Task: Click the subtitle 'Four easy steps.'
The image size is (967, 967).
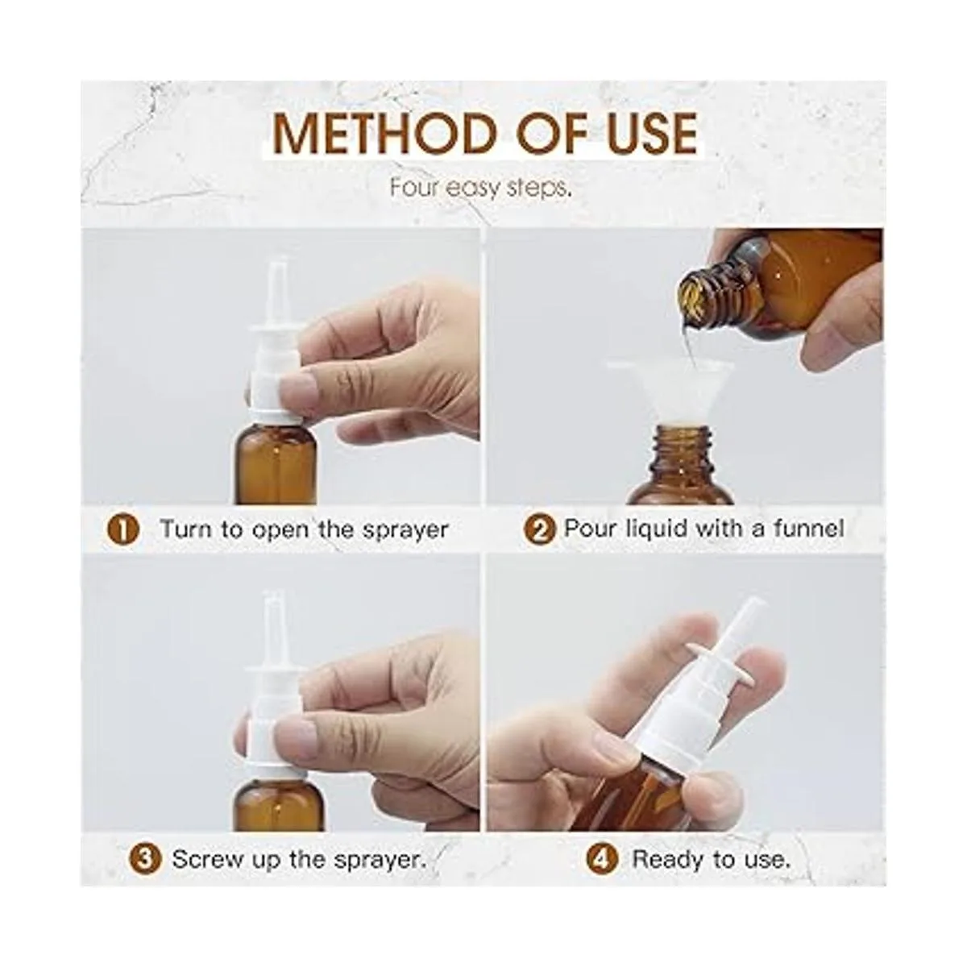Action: tap(481, 188)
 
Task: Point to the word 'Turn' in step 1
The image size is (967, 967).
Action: tap(185, 529)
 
